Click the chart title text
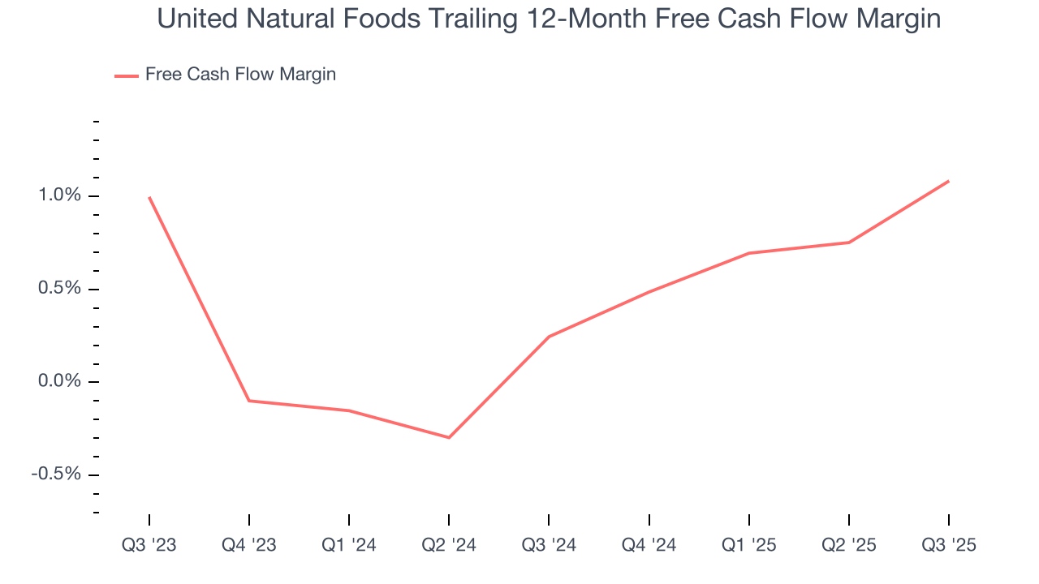pos(549,19)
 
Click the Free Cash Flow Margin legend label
pos(240,75)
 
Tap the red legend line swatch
pos(127,75)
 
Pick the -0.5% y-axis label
pos(56,474)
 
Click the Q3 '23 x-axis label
pos(149,546)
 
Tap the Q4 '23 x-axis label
pos(249,546)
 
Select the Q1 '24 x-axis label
pos(349,546)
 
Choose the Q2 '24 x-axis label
pos(449,546)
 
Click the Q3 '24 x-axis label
pos(549,546)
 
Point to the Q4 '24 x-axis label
pos(649,546)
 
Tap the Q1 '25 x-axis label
pos(749,546)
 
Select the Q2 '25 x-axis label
pos(849,546)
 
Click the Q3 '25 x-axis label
pos(949,546)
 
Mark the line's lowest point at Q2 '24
pos(449,437)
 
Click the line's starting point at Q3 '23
pos(149,197)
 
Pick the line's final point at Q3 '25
pos(949,181)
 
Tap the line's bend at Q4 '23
pos(249,401)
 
